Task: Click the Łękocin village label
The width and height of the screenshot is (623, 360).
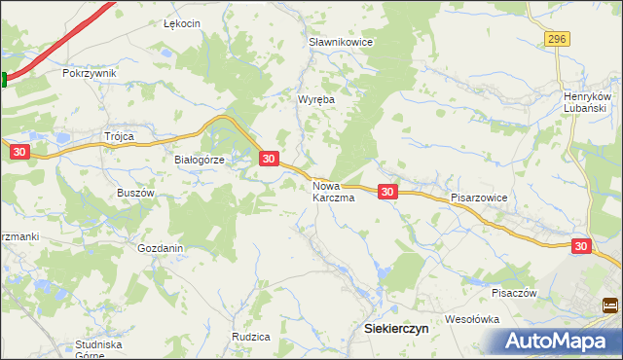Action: (x=182, y=23)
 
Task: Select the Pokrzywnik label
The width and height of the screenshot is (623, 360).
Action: (x=89, y=73)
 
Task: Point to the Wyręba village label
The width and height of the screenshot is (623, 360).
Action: (x=314, y=99)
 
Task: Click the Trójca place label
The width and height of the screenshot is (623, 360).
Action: (x=119, y=136)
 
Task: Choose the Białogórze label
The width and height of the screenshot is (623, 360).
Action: (x=200, y=161)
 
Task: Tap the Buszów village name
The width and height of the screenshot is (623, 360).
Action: (x=136, y=193)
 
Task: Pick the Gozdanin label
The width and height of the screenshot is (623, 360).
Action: (x=161, y=248)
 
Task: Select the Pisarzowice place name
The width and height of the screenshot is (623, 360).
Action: (x=479, y=197)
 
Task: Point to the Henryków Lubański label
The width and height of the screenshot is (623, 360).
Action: (x=587, y=103)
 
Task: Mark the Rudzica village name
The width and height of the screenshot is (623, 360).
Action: (x=250, y=337)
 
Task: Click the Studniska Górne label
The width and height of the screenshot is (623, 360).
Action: (x=98, y=349)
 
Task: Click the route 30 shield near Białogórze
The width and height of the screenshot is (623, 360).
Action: (x=270, y=158)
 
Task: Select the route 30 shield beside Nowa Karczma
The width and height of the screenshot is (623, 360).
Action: (x=387, y=192)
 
